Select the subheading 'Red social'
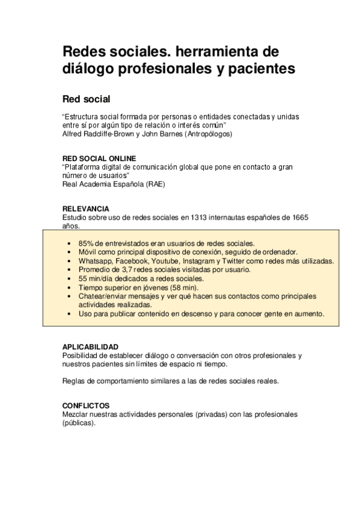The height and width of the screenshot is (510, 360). click(x=87, y=98)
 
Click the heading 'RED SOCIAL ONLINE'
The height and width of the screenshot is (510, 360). click(x=99, y=158)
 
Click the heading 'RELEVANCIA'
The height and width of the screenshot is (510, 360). click(x=86, y=209)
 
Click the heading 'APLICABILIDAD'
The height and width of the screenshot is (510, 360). click(x=90, y=347)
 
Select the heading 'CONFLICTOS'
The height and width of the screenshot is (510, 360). click(x=86, y=406)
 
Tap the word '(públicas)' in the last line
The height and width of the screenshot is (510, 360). click(x=79, y=423)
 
